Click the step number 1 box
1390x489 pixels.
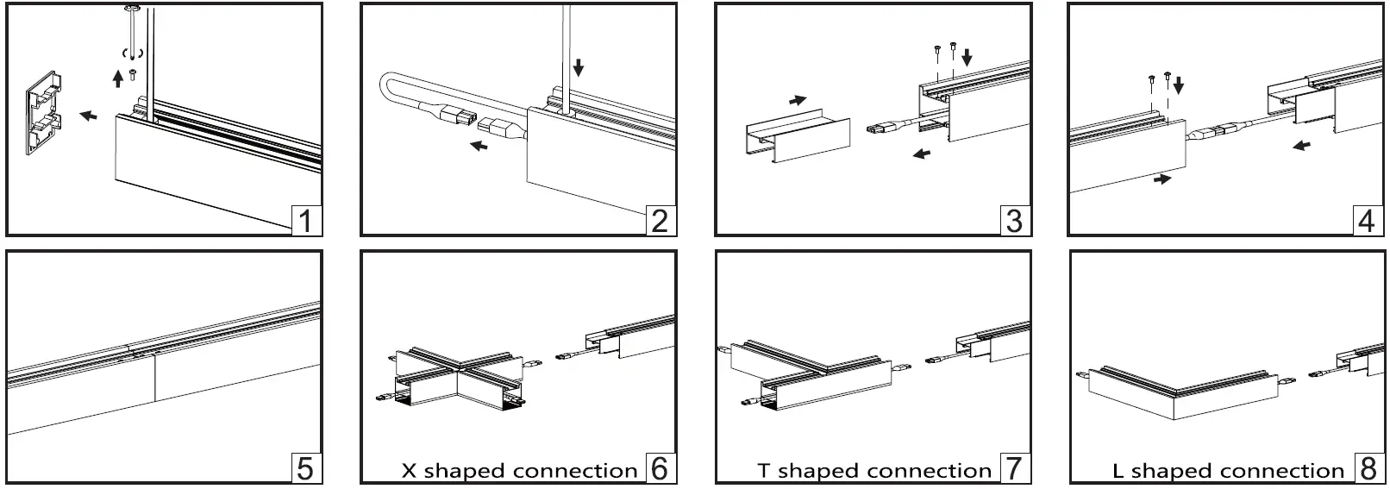(306, 221)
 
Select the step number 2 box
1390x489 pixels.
(660, 221)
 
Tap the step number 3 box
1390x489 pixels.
(1014, 221)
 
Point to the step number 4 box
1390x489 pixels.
(1366, 221)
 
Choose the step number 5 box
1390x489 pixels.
(306, 468)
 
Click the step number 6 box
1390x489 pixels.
(660, 468)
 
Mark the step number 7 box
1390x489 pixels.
(1014, 468)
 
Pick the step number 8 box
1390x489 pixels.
(1368, 468)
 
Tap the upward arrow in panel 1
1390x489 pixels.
(118, 79)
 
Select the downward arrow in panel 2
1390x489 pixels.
(579, 67)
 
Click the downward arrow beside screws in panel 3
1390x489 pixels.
(967, 58)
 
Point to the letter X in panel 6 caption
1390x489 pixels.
(410, 472)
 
